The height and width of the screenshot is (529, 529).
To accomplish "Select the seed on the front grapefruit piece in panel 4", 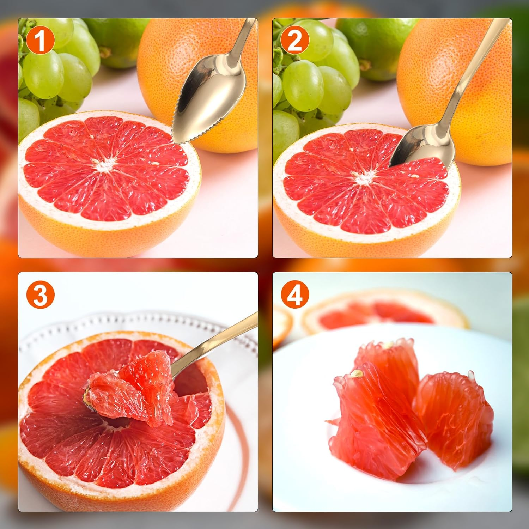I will [358, 373].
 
